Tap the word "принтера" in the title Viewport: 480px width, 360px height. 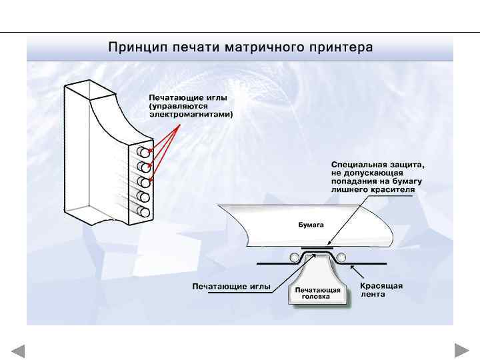click(x=341, y=48)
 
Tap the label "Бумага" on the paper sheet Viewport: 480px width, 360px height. click(x=310, y=225)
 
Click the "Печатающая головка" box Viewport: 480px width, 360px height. click(x=318, y=294)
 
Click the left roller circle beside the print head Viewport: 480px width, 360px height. click(x=294, y=257)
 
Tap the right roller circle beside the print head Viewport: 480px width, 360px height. click(x=341, y=257)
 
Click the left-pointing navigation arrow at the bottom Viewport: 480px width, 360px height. click(x=18, y=351)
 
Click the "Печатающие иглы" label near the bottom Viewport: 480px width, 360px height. click(x=231, y=287)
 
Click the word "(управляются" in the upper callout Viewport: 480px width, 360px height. click(x=178, y=105)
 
